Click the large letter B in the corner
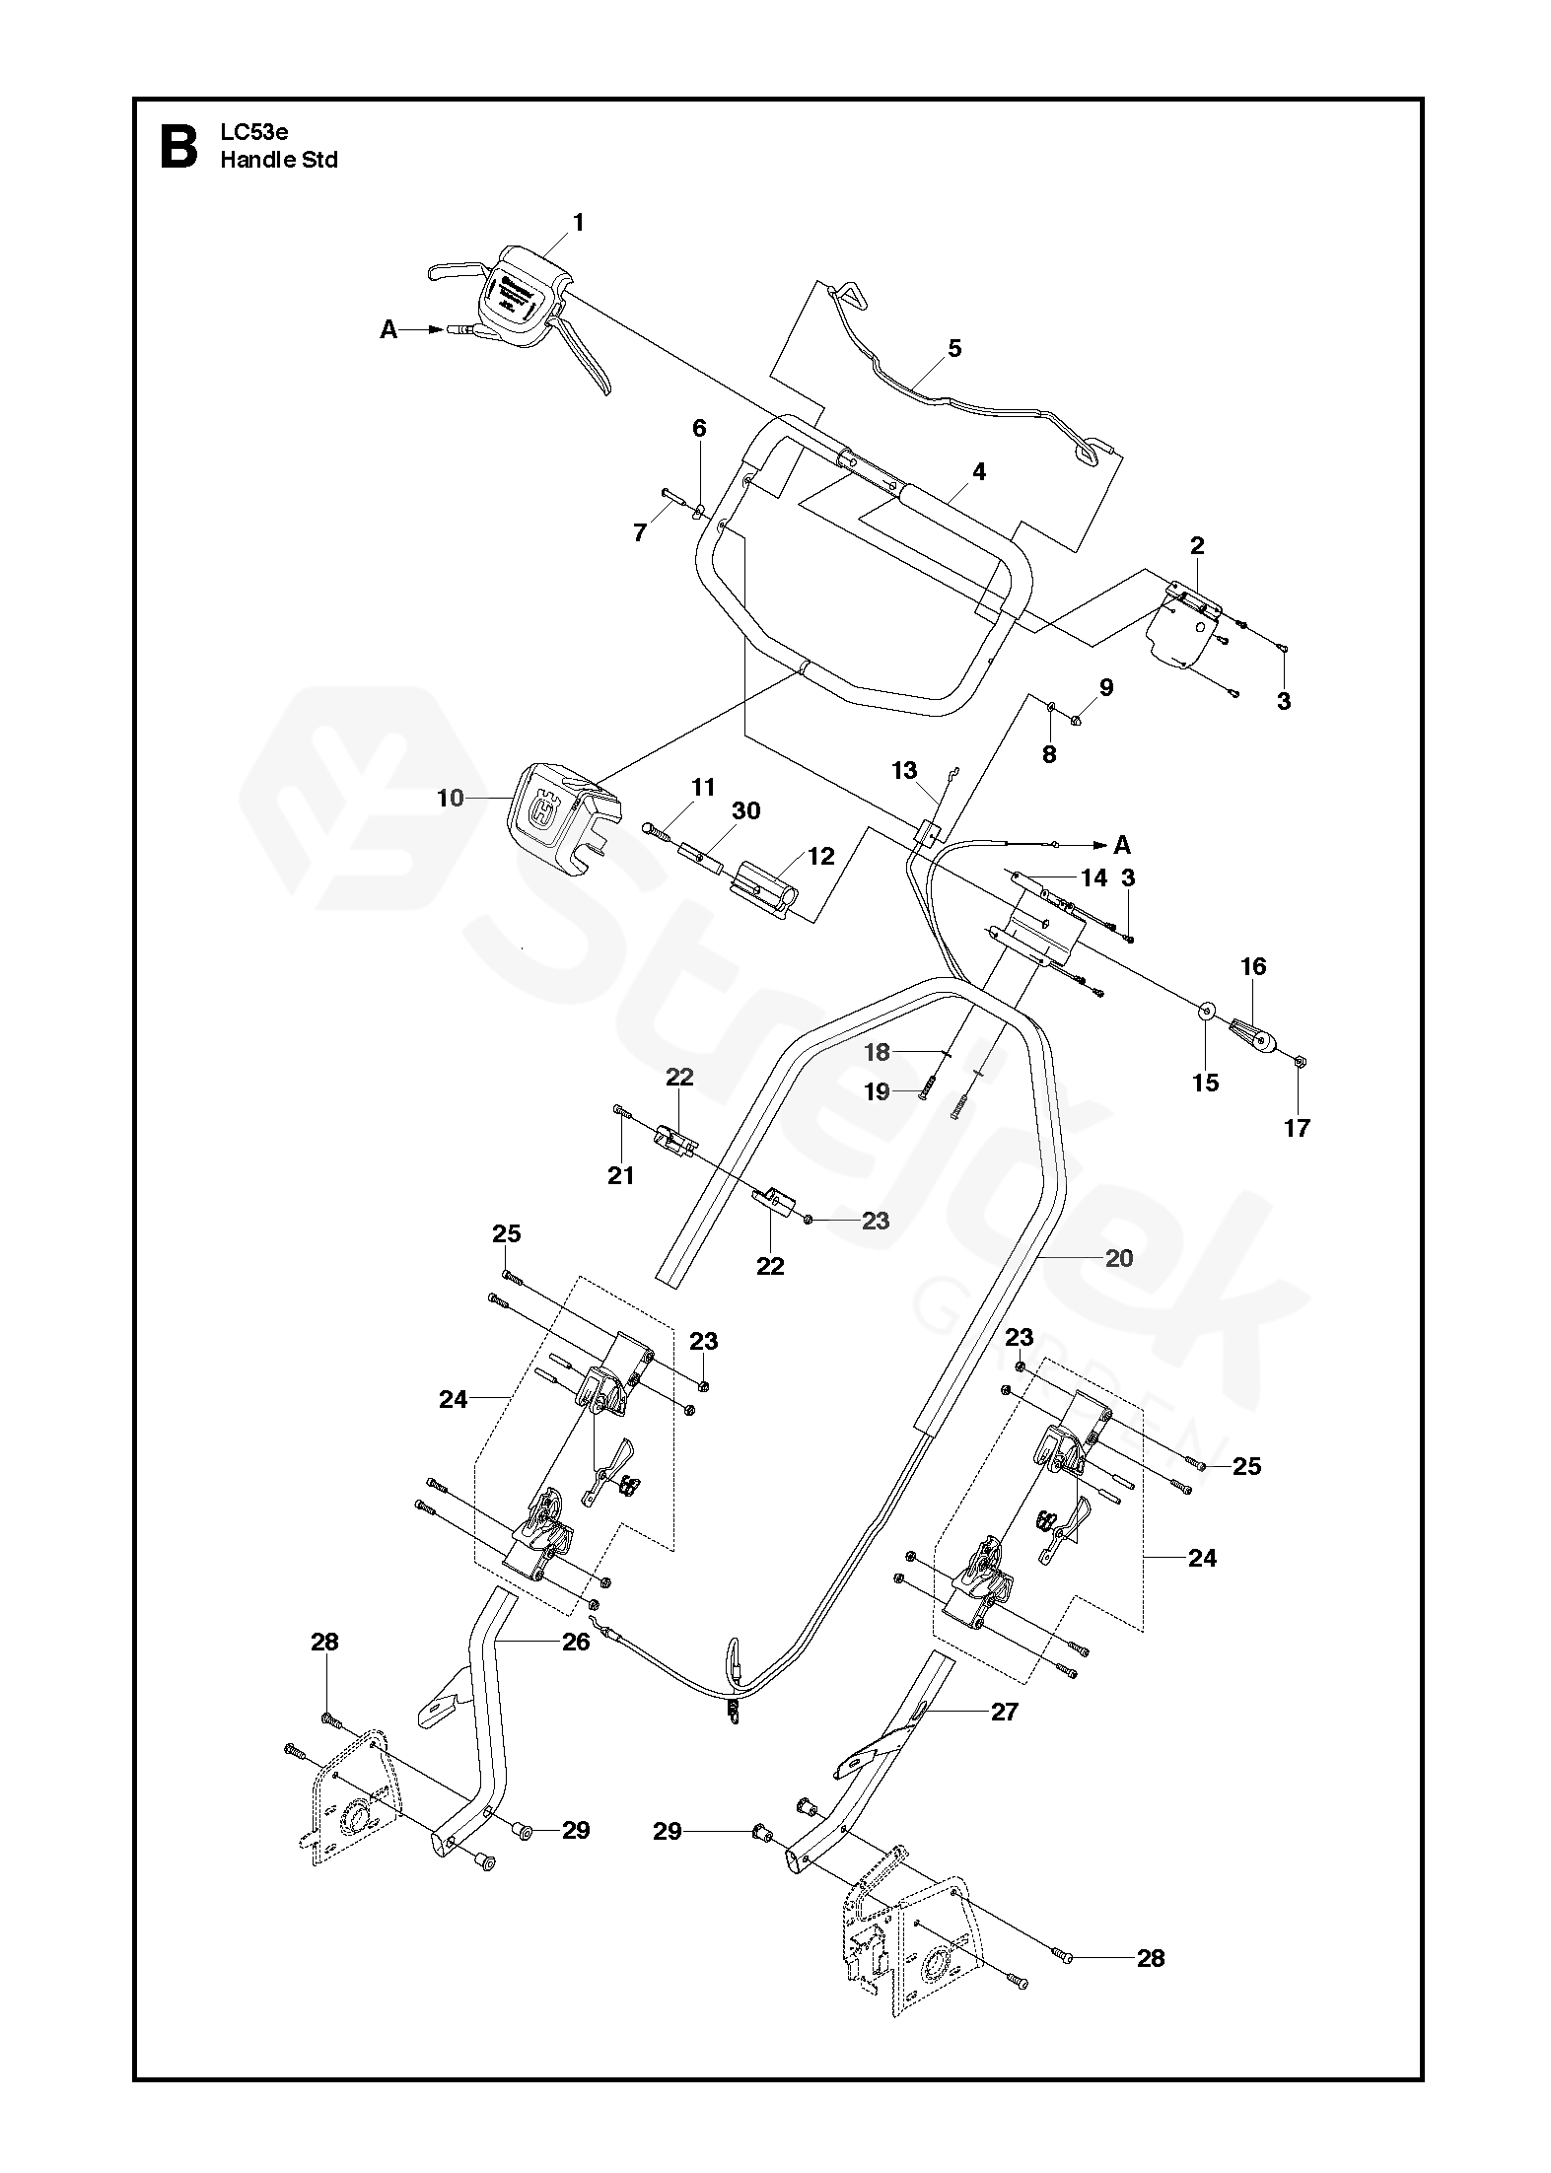pos(178,148)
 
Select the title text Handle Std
pos(279,160)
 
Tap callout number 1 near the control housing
pos(579,223)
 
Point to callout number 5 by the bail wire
pos(953,348)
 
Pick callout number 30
pos(746,810)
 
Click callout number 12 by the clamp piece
pos(820,856)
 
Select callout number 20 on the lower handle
pos(1119,1258)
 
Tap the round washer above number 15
pos(1205,1012)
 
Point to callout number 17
pos(1297,1128)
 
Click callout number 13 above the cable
pos(904,770)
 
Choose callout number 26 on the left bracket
pos(576,1642)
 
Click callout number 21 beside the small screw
pos(621,1175)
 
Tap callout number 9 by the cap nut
pos(1105,687)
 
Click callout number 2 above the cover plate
pos(1197,545)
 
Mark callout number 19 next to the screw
pos(877,1092)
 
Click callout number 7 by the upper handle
pos(640,533)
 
